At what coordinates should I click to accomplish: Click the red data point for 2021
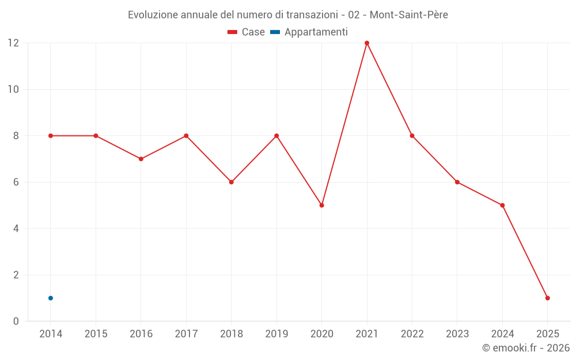point(367,43)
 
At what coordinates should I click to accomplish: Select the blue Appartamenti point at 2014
point(51,298)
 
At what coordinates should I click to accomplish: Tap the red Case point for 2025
point(548,298)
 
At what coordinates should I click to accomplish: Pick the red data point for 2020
point(321,205)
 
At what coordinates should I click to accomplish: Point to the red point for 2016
point(141,159)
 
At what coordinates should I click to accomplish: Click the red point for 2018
point(231,182)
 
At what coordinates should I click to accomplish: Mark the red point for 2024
point(502,205)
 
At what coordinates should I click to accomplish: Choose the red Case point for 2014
point(51,136)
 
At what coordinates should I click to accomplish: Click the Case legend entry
point(247,32)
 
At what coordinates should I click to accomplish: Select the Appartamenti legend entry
point(309,32)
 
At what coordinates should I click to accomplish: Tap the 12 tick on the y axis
point(13,43)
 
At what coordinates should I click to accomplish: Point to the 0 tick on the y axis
point(16,321)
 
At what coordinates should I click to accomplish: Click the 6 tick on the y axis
point(16,182)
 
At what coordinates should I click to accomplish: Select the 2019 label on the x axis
point(276,334)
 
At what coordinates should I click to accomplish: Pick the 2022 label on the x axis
point(412,334)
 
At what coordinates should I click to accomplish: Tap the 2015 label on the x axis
point(96,334)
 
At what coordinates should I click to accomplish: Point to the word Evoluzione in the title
point(153,15)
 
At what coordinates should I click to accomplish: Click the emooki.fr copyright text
point(525,348)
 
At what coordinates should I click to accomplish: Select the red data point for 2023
point(457,182)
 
